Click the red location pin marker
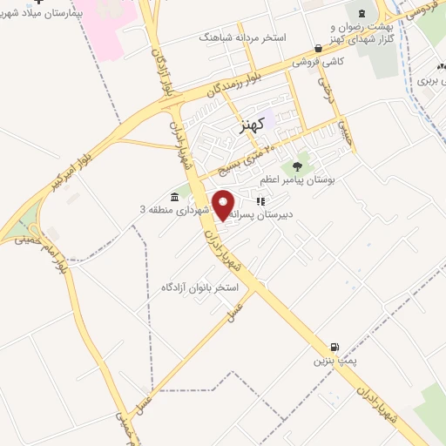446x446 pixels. (x=225, y=205)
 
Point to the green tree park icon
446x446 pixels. (x=299, y=164)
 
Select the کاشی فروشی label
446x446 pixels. (x=315, y=62)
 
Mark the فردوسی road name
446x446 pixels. (x=419, y=10)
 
